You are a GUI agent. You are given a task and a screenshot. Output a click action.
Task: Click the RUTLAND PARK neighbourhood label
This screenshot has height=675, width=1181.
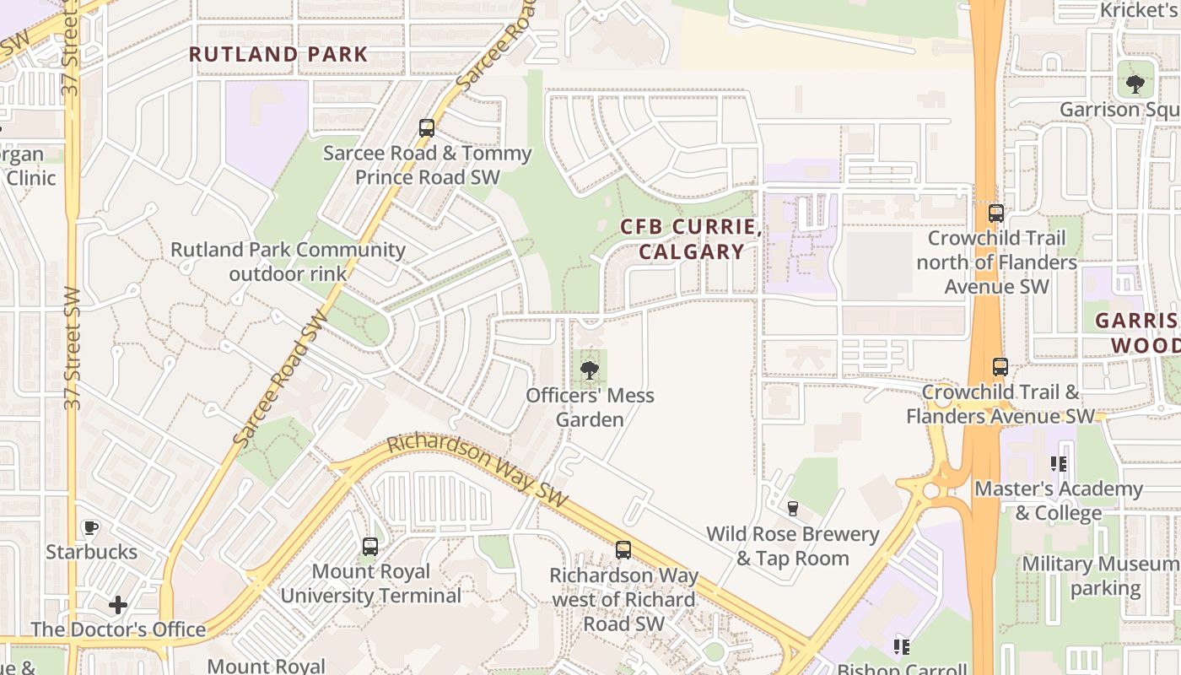[x=278, y=55]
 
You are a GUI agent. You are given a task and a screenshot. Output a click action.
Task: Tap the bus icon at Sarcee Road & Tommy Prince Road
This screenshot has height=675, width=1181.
[x=427, y=128]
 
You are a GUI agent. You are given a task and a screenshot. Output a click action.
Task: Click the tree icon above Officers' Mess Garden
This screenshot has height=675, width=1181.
[x=590, y=370]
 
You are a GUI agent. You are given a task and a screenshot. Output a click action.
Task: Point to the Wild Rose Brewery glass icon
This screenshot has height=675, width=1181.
[x=792, y=508]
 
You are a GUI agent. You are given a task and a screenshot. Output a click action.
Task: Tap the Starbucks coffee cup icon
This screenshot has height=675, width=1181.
[x=91, y=527]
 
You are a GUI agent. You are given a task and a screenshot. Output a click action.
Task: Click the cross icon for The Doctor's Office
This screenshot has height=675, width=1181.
[x=118, y=605]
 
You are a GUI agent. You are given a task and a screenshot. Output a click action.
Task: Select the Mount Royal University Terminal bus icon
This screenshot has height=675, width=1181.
[x=370, y=546]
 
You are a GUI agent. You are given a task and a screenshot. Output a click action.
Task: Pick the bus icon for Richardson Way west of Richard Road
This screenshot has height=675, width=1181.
[x=623, y=550]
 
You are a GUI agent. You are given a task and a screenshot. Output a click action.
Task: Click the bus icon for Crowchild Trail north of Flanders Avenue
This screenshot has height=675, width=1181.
[x=996, y=213]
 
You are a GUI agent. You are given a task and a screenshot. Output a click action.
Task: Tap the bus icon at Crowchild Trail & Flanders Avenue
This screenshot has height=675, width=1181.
[x=1000, y=367]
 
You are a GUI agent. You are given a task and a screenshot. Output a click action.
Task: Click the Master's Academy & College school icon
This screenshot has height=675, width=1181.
[x=1059, y=463]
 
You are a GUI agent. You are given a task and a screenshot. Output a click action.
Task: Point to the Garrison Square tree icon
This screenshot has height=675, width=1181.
[x=1135, y=84]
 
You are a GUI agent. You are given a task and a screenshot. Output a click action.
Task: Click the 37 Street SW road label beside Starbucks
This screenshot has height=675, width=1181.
[x=73, y=348]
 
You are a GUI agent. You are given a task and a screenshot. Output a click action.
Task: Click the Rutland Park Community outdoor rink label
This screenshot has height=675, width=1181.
[x=288, y=262]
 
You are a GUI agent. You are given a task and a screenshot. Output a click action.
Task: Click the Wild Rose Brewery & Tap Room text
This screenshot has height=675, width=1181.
[x=793, y=546]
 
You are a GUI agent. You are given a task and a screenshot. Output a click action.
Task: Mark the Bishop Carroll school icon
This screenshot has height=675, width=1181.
[x=902, y=647]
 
